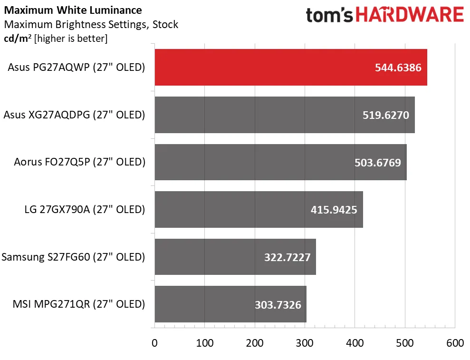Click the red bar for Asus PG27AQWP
[x=266, y=68]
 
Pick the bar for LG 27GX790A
[x=238, y=209]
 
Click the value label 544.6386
[x=399, y=68]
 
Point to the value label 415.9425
[x=335, y=209]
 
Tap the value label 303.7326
[x=278, y=304]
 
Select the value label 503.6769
[x=378, y=162]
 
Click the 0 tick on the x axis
[x=154, y=343]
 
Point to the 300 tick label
[x=305, y=343]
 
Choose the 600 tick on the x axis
[x=455, y=343]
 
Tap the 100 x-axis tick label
[x=204, y=343]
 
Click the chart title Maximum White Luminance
[x=72, y=10]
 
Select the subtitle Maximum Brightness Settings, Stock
[x=91, y=24]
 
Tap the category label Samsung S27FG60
[x=73, y=257]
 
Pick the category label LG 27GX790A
[x=85, y=209]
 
